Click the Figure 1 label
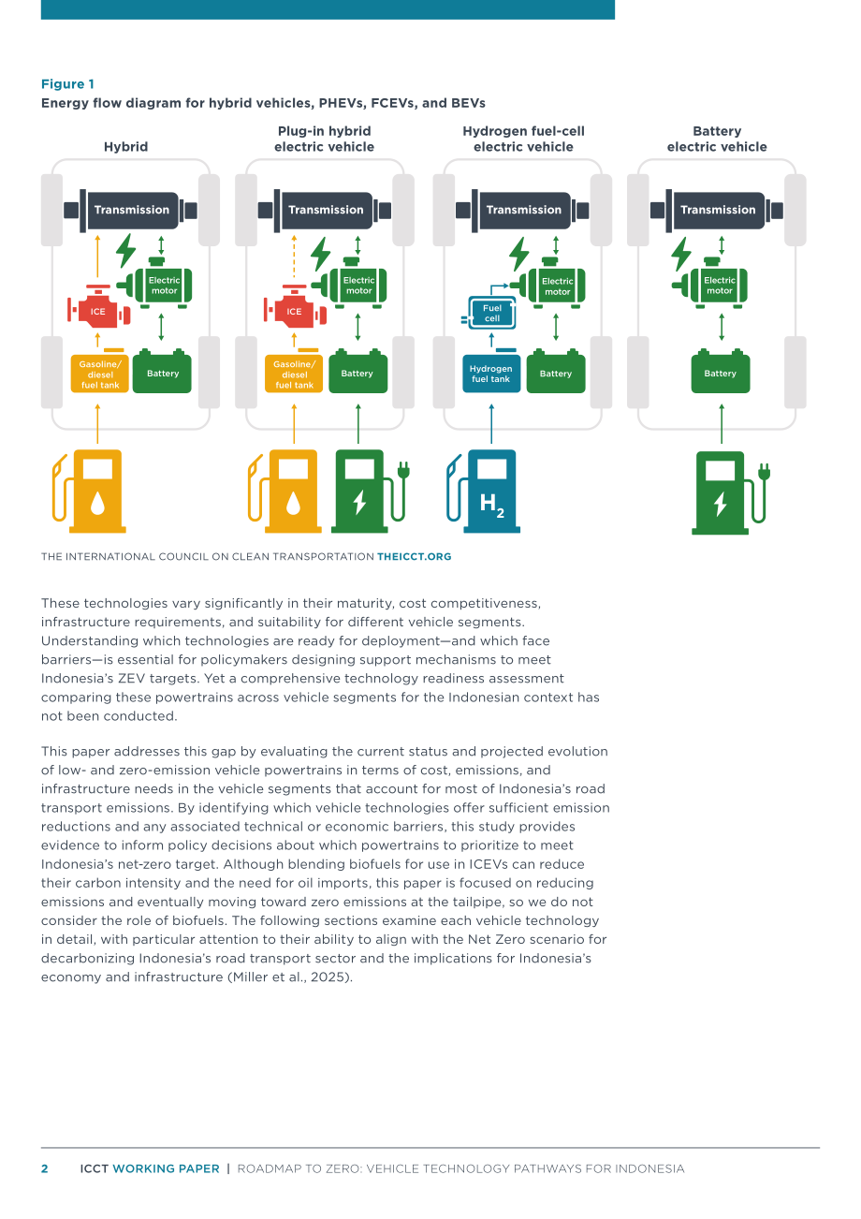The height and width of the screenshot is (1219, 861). [x=67, y=84]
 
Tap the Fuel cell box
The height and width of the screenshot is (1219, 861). [x=491, y=313]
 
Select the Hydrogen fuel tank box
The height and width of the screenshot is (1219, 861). [x=491, y=374]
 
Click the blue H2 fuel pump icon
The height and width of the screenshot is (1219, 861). [x=484, y=491]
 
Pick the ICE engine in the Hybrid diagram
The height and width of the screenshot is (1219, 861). [x=98, y=307]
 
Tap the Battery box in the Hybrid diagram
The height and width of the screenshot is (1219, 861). [x=162, y=372]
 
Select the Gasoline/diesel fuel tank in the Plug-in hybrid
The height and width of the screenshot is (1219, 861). [x=294, y=374]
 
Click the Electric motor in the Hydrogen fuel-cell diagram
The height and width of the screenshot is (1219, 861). [x=552, y=284]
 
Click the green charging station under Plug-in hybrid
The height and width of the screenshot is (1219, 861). [x=370, y=491]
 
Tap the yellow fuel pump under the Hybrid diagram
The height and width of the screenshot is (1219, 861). [x=89, y=491]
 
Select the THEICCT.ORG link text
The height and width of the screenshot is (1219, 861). [x=414, y=556]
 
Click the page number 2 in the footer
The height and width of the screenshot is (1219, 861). [x=45, y=1168]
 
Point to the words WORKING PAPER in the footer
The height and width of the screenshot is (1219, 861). [x=166, y=1168]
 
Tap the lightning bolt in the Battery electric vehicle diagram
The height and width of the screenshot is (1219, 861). [x=680, y=254]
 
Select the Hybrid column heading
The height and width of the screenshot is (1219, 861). [x=125, y=147]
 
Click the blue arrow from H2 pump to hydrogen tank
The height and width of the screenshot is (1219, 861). [x=491, y=423]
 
